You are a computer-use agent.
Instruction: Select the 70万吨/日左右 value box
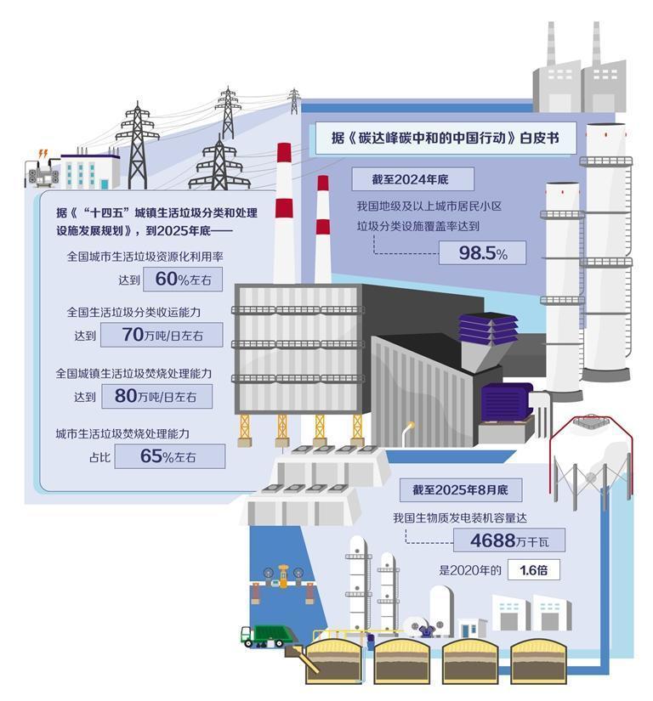click(162, 335)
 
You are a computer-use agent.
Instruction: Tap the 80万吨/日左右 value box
click(156, 396)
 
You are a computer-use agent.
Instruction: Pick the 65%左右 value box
click(169, 456)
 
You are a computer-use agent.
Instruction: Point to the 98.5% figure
click(482, 253)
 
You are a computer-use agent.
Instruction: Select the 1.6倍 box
click(533, 570)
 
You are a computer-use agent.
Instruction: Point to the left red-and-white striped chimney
click(284, 212)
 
